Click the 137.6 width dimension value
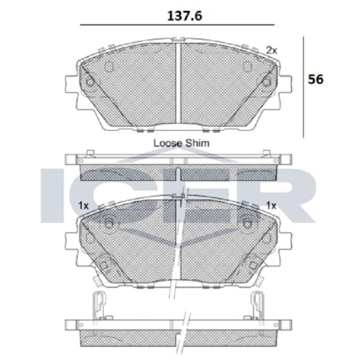185,16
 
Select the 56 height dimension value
316,79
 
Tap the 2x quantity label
272,50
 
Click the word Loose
168,143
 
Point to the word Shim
197,143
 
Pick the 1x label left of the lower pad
83,205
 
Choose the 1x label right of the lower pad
271,205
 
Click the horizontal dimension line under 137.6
177,25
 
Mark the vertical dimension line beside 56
304,87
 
